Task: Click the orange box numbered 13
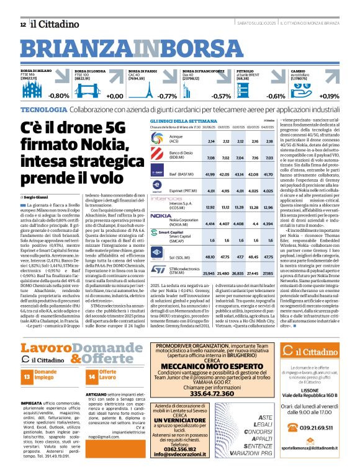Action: tap(27, 376)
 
